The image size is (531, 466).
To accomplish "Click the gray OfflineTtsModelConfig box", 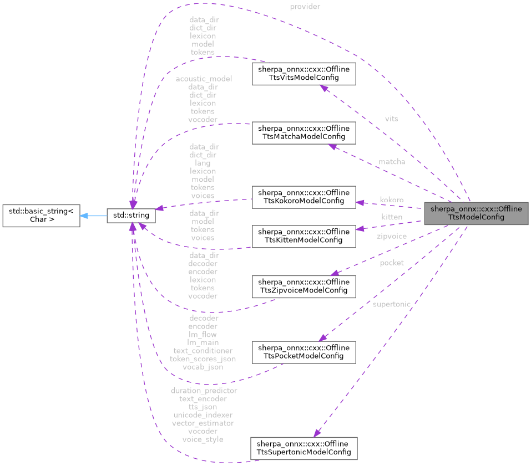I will pos(476,213).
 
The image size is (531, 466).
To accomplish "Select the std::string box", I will pos(131,214).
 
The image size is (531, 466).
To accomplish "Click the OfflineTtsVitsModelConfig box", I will pos(304,74).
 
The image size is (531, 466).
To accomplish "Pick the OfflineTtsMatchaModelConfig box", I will pos(304,132).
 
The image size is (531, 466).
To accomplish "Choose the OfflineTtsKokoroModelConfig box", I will pos(304,197).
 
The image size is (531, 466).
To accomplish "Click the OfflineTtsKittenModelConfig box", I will pos(304,235).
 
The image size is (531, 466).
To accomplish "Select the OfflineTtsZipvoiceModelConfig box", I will pos(304,286).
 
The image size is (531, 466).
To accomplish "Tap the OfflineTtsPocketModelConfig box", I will pos(304,352).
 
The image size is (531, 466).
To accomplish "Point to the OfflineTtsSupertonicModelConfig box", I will pos(304,448).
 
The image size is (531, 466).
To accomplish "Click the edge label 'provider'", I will pos(305,7).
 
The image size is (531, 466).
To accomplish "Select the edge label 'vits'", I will pos(391,119).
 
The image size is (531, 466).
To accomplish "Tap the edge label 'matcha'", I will pos(392,162).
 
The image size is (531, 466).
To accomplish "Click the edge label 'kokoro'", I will pos(391,199).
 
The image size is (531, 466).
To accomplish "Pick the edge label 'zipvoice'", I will pos(391,236).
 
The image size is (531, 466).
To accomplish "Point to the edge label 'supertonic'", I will pos(392,304).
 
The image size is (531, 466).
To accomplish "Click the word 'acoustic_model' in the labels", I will pos(204,79).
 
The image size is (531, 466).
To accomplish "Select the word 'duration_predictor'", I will pos(204,391).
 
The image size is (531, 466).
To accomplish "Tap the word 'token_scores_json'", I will pos(203,359).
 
